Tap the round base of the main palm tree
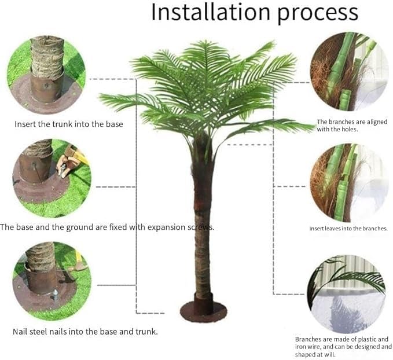point(203,310)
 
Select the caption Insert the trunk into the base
point(69,124)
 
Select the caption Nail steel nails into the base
point(85,332)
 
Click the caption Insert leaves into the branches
point(348,229)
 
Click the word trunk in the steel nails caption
point(145,332)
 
